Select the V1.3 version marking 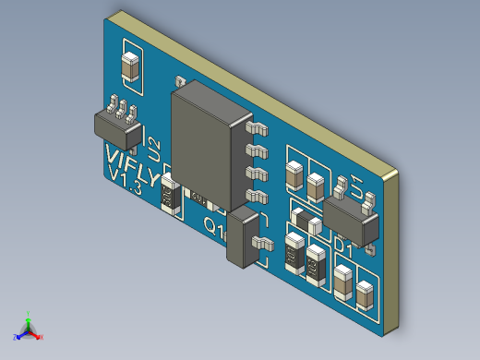tap(124, 179)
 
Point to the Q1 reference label tap(213, 225)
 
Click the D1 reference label tap(343, 246)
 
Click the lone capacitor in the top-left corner tap(131, 69)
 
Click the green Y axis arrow tap(30, 317)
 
